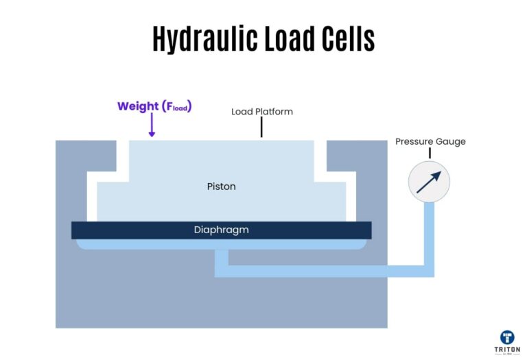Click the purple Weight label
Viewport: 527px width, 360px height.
(137, 106)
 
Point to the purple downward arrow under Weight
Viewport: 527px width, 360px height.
(152, 125)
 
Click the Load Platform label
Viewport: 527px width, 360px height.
(262, 111)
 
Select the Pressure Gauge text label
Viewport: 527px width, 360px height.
(430, 142)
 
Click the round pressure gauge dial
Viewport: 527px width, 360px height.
(429, 182)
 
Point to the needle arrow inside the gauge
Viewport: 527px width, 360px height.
(430, 181)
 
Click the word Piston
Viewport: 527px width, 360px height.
(221, 186)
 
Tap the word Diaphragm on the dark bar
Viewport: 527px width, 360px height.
(221, 230)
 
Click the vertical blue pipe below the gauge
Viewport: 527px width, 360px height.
(429, 233)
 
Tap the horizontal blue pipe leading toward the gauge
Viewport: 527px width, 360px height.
(323, 272)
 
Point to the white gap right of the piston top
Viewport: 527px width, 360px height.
(320, 158)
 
